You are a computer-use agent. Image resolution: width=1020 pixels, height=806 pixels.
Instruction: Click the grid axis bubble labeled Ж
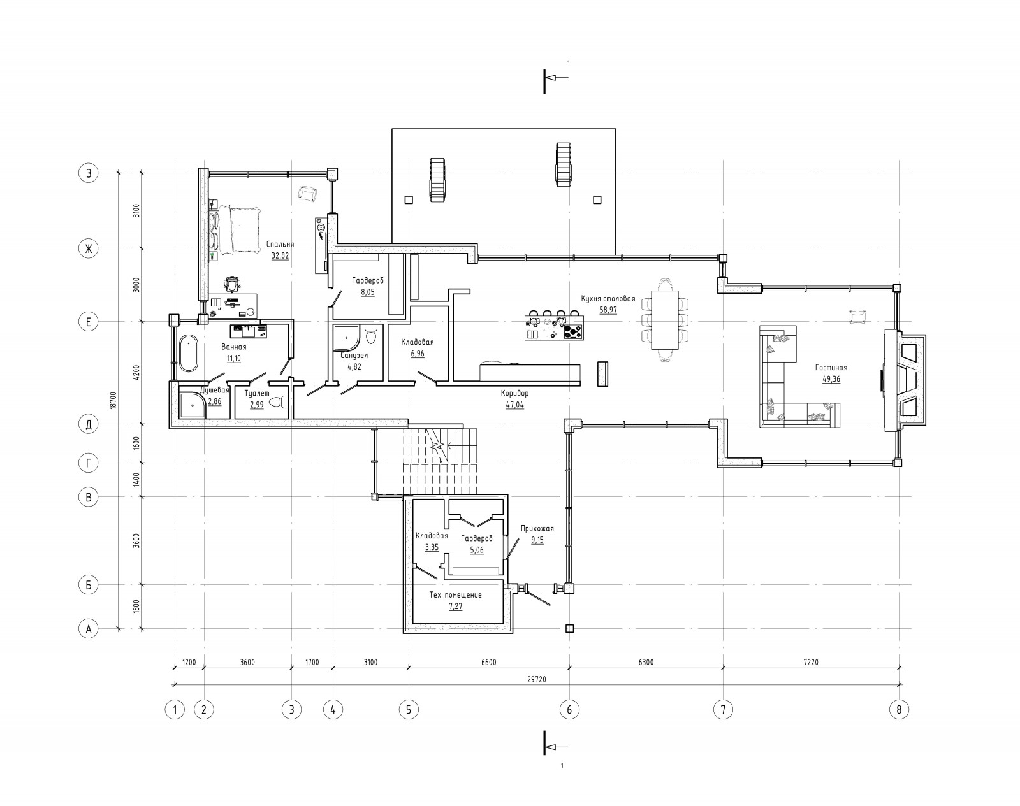pos(88,248)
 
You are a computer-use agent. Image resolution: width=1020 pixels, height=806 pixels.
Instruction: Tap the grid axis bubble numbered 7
pos(724,709)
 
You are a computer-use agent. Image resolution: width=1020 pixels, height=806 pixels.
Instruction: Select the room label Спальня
pos(280,245)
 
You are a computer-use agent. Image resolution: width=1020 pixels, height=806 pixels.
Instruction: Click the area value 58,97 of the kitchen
pos(608,310)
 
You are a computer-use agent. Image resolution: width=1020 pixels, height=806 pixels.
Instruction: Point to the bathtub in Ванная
pos(189,353)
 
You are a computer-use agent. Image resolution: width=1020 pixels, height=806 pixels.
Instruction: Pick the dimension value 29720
pos(537,679)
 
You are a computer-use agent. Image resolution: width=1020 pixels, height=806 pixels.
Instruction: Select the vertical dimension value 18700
pos(113,400)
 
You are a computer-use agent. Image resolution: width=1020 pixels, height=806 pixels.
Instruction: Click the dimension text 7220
pos(811,662)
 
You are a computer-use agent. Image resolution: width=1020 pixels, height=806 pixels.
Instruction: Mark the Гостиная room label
pos(831,367)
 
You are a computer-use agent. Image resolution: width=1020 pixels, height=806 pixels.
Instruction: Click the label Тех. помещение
pos(455,594)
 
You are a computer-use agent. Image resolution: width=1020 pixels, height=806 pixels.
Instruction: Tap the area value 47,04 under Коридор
pos(514,405)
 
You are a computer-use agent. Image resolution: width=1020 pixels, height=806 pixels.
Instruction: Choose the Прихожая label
pos(537,528)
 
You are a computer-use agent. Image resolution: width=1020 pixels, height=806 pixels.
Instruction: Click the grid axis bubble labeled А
pos(88,630)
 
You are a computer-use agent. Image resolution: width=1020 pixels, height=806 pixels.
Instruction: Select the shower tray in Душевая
pos(193,405)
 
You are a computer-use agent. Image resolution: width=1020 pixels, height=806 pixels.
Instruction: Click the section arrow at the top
pos(555,78)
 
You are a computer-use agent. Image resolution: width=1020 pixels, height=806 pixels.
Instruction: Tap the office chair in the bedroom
pos(232,285)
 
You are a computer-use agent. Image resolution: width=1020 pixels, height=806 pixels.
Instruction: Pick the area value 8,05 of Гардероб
pos(368,292)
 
